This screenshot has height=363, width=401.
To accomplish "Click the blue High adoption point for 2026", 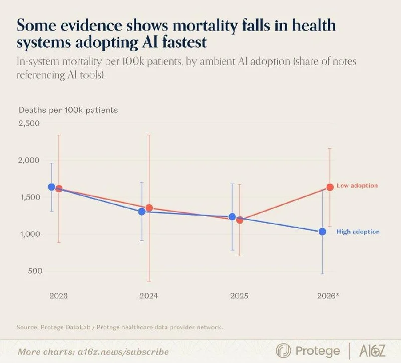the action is (x=322, y=232).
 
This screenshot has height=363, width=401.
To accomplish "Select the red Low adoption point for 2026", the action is (x=330, y=187).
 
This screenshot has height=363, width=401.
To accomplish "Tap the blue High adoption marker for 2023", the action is (x=52, y=187).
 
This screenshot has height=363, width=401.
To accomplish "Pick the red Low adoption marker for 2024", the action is (x=149, y=208).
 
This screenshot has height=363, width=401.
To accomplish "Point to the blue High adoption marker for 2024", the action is (x=142, y=212).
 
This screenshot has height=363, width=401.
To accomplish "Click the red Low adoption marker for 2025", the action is (x=240, y=220).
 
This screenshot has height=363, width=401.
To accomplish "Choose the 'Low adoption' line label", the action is (x=357, y=186).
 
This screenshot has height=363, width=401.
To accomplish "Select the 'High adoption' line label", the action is (x=358, y=232).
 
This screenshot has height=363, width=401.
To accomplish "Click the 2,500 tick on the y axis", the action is (x=29, y=123).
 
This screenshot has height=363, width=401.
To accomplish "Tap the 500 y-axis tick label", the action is (x=35, y=271).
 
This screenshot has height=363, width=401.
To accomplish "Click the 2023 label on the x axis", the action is (x=59, y=296).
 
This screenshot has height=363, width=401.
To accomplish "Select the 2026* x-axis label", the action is (x=328, y=296).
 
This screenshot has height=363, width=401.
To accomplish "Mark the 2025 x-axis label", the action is (x=239, y=296).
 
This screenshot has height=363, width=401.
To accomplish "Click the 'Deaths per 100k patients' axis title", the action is (x=68, y=110).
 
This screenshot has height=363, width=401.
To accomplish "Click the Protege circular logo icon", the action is (x=283, y=350).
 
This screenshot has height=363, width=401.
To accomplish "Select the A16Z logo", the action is (x=372, y=350).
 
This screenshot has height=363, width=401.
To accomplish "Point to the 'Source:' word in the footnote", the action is (x=28, y=327).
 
